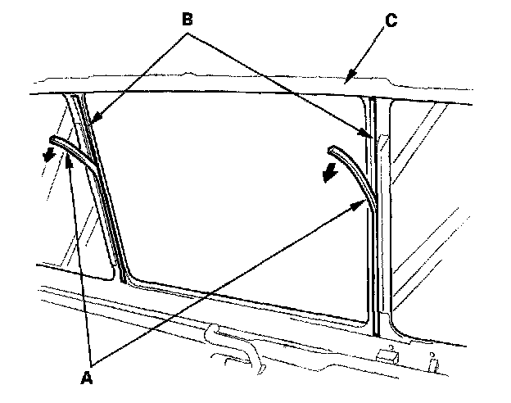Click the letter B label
[x=188, y=18]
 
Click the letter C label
[x=391, y=20]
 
